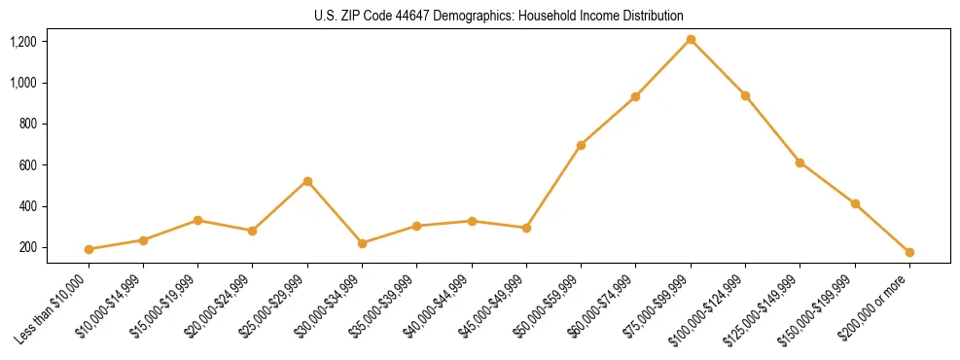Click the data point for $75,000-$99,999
[691, 39]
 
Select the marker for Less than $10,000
[89, 249]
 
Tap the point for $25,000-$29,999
[307, 181]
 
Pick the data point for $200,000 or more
[909, 252]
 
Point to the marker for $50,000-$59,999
[581, 145]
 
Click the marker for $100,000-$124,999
[745, 95]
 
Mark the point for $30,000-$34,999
[362, 243]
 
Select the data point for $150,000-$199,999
[855, 203]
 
